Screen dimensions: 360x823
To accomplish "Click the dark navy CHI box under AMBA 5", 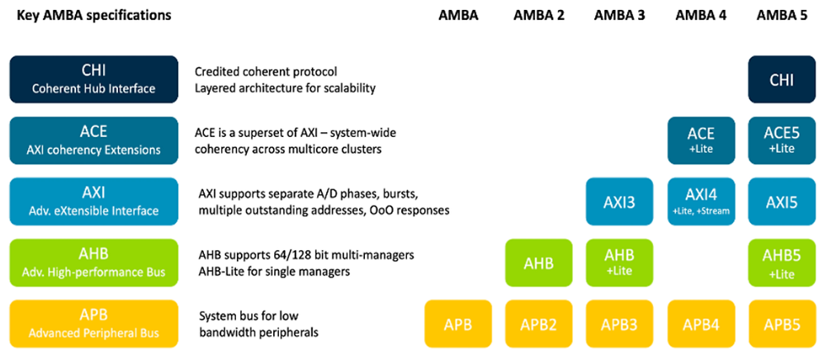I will coord(782,80).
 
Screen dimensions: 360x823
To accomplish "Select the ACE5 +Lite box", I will coord(782,140).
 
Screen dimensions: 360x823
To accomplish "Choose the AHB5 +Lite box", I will coord(782,263).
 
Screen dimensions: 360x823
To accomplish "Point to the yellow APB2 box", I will coord(539,324).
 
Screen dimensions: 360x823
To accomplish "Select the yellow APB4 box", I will coord(701,324).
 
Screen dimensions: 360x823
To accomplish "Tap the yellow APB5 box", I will coord(782,324).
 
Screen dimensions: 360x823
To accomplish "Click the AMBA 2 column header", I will coord(539,15).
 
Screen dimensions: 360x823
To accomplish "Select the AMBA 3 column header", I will coord(620,15).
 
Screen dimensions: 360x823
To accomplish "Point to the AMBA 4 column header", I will coord(701,15).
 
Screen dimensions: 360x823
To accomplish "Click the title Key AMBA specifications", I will coord(94,15).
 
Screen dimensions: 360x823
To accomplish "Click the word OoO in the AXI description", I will coord(383,211).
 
